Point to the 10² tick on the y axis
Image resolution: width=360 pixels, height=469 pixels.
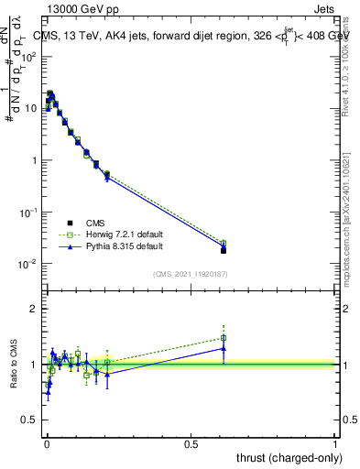[27, 57]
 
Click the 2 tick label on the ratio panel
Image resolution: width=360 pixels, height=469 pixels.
[33, 309]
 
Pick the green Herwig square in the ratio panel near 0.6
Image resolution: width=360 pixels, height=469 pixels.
[224, 338]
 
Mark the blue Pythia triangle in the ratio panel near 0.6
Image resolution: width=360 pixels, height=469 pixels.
[224, 348]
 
